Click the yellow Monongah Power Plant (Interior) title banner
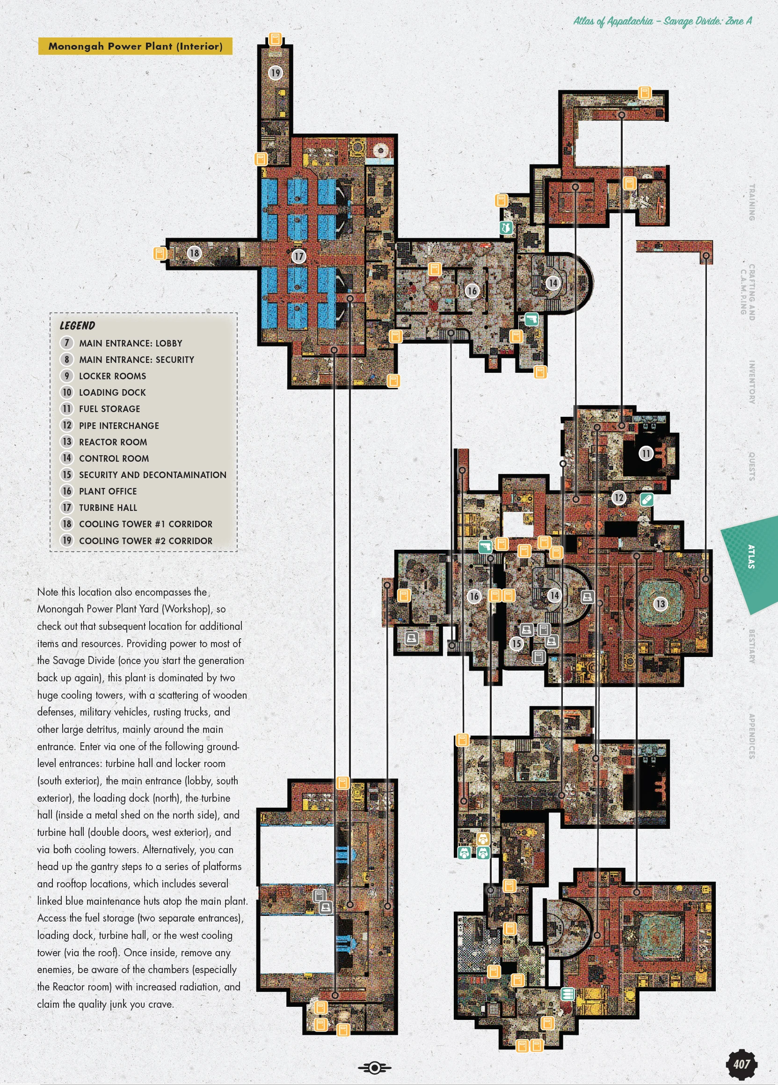click(135, 46)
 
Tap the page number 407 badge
click(742, 1063)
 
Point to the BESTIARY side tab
click(752, 646)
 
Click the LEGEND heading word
click(77, 326)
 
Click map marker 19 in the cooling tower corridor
click(275, 73)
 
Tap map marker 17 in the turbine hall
click(298, 257)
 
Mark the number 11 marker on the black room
click(646, 453)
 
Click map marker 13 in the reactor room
click(661, 604)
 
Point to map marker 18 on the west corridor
click(194, 253)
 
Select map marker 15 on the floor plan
click(516, 643)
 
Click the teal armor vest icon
click(506, 228)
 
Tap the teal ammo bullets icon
click(567, 994)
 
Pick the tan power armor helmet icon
click(484, 839)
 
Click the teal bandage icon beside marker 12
click(647, 500)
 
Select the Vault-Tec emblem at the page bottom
click(375, 1067)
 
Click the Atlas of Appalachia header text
click(662, 21)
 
